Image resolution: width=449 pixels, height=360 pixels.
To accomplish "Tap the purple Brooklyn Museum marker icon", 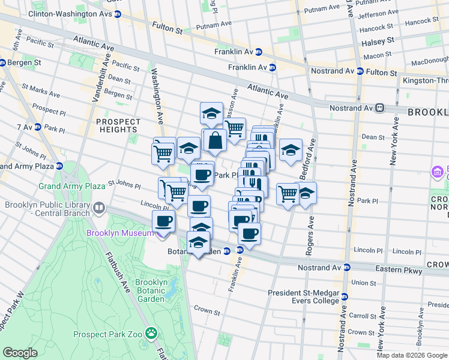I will click(161, 234).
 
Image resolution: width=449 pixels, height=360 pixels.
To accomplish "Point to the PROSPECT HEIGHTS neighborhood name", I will click(118, 125).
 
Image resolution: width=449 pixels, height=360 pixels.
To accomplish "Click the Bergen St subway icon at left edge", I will click(2, 62).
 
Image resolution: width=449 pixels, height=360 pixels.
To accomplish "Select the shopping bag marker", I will click(215, 140).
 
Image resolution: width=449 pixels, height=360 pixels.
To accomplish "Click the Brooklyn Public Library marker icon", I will click(98, 209).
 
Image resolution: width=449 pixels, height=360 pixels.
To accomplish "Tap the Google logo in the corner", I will click(20, 352).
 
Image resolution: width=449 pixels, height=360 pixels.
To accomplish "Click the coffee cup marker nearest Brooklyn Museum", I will click(164, 221).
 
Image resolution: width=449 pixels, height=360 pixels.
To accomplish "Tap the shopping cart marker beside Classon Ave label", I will click(235, 127).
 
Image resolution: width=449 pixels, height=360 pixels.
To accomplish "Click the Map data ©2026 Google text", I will click(411, 355).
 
